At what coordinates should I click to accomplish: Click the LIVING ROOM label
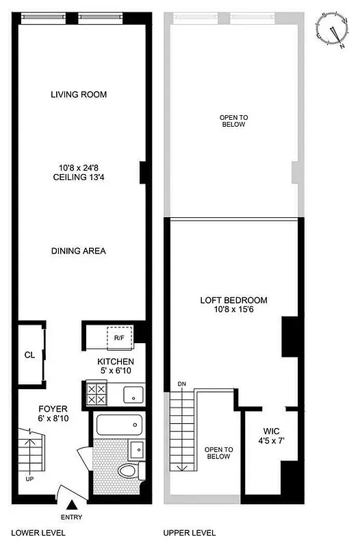click(79, 95)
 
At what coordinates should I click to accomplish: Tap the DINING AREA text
click(79, 251)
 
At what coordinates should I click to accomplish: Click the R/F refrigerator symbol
click(119, 338)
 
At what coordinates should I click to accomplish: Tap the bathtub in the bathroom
click(119, 425)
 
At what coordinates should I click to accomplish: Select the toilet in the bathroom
click(128, 471)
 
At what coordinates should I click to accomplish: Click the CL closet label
click(29, 356)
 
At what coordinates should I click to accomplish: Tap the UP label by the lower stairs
click(29, 479)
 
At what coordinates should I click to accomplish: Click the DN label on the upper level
click(181, 384)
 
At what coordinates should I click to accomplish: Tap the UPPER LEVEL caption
click(190, 533)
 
